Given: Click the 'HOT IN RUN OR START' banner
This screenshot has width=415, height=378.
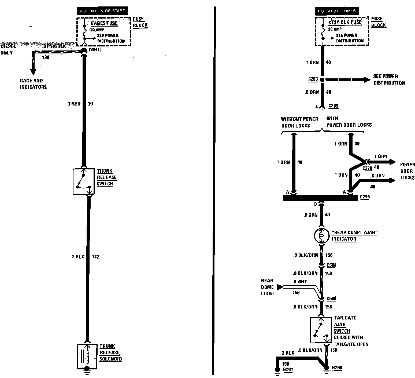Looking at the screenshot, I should pyautogui.click(x=102, y=11).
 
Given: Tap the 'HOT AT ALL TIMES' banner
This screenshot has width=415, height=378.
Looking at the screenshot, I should pyautogui.click(x=337, y=11).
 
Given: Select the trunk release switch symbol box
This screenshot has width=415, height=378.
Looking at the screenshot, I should pyautogui.click(x=84, y=181).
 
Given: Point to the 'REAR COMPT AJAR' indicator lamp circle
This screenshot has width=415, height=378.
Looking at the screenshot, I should pyautogui.click(x=322, y=236).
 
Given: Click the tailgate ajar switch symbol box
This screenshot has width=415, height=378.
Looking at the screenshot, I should pyautogui.click(x=321, y=330).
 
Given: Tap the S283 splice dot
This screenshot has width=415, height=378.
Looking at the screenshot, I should pyautogui.click(x=322, y=80).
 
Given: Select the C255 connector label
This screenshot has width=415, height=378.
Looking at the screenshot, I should pyautogui.click(x=365, y=197).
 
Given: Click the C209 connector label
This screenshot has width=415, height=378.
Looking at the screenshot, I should pyautogui.click(x=334, y=106).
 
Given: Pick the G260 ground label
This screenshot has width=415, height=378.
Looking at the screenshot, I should pyautogui.click(x=337, y=368).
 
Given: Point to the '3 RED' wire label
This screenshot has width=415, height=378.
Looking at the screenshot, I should pyautogui.click(x=74, y=104).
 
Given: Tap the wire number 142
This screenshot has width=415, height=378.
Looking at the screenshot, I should pyautogui.click(x=95, y=257).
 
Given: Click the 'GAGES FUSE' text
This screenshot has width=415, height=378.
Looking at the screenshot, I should pyautogui.click(x=104, y=23).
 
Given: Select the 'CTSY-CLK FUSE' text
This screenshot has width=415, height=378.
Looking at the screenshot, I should pyautogui.click(x=345, y=22).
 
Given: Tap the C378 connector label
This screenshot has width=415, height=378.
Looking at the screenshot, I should pyautogui.click(x=367, y=168).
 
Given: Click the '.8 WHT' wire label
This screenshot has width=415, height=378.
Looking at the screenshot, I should pyautogui.click(x=300, y=282).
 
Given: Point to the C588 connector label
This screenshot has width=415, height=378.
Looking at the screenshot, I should pyautogui.click(x=332, y=265).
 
